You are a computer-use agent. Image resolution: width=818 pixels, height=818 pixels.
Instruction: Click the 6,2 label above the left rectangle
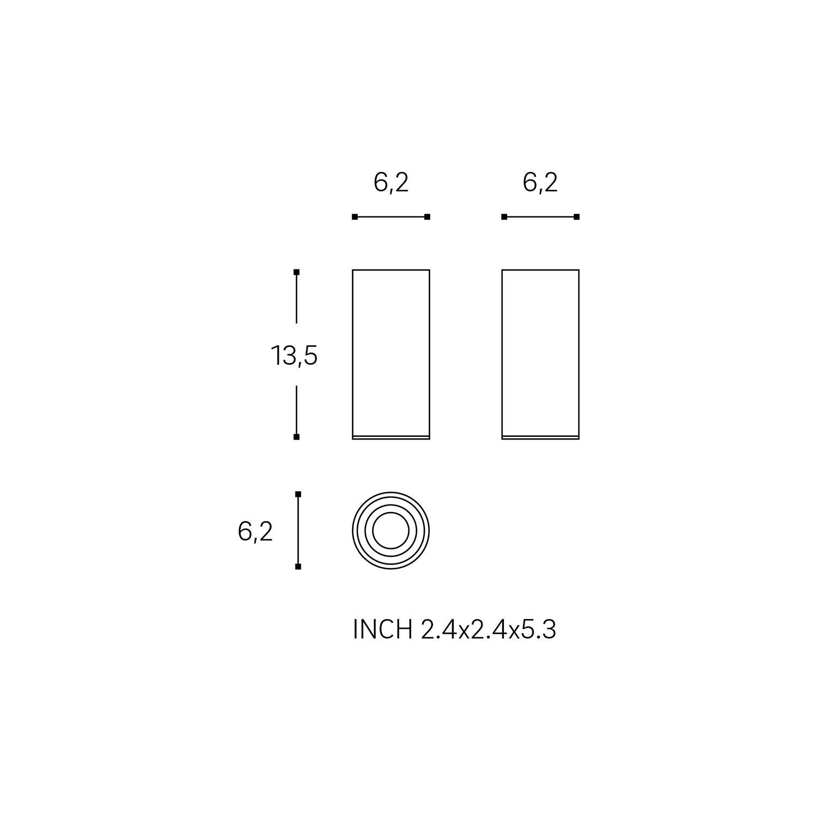click(x=391, y=183)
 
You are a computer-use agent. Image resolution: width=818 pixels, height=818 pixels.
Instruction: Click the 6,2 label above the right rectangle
click(x=540, y=183)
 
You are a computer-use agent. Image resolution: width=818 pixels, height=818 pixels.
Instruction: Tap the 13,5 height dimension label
click(x=294, y=356)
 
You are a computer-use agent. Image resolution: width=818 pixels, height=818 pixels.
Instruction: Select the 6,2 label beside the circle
click(x=255, y=531)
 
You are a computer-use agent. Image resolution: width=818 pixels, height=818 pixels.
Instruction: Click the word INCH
click(x=383, y=630)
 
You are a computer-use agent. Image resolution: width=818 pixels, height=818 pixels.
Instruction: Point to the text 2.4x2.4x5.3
click(x=489, y=630)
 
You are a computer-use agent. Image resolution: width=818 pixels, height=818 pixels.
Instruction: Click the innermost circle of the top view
click(x=391, y=530)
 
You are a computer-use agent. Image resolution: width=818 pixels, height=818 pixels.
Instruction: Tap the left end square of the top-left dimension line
click(x=355, y=217)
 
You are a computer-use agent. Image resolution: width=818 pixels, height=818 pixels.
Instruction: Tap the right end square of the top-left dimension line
click(x=428, y=217)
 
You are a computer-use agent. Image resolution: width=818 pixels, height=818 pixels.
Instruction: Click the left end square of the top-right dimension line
click(x=504, y=217)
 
